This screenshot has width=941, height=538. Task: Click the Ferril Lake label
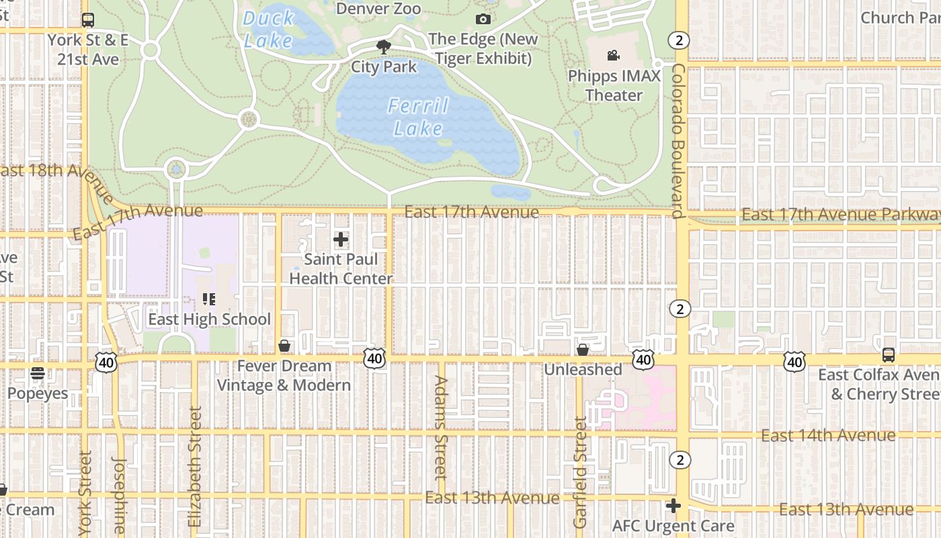tap(418, 117)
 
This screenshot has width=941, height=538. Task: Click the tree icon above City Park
tap(384, 46)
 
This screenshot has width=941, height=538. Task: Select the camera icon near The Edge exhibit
tap(483, 19)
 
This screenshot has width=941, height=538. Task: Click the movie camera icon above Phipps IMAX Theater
tap(613, 55)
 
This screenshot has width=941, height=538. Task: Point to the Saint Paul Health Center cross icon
tap(341, 239)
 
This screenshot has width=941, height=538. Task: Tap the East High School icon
tap(209, 299)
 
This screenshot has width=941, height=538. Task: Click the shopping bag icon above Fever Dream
tap(284, 346)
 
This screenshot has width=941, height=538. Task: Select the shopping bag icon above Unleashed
tap(583, 350)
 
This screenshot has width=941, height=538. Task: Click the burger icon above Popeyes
tap(37, 373)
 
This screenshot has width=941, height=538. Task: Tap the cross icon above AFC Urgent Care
tap(673, 506)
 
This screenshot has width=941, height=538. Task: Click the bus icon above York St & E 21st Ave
tap(88, 20)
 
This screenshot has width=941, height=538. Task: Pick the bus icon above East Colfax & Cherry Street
tap(888, 354)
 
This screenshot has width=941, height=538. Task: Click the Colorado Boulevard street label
tap(678, 141)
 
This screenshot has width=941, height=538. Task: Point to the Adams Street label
tap(441, 427)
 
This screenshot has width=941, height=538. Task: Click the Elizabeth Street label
tap(195, 466)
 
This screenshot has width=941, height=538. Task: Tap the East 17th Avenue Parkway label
tap(840, 214)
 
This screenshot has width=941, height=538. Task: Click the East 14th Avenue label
tap(827, 435)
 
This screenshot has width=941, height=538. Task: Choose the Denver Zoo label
tap(378, 8)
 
